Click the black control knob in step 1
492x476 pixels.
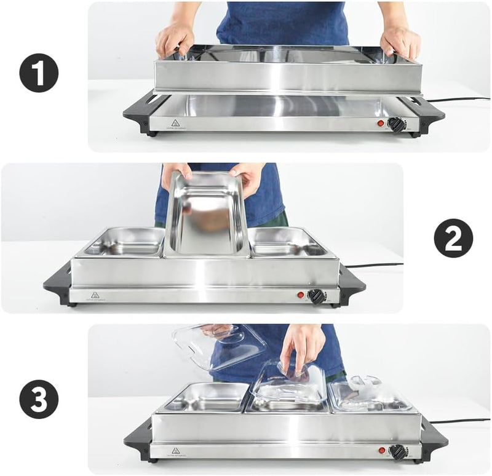coord(397,125)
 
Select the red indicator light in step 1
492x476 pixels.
coord(380,124)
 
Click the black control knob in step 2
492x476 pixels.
coord(317,296)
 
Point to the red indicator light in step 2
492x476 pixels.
coord(301,295)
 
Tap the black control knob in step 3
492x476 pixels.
coord(398,452)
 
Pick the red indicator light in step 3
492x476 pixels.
coord(381,451)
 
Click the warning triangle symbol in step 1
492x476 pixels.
coord(175,122)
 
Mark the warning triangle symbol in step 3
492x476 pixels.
coord(176,451)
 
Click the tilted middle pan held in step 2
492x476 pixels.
coord(206,215)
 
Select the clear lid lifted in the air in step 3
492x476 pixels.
coord(218,344)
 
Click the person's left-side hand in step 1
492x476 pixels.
coord(175,38)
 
